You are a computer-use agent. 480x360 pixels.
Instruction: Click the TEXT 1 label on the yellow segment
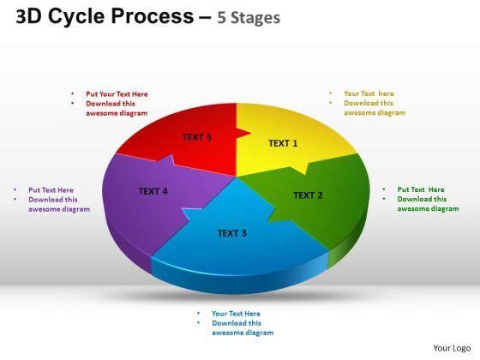pos(283,143)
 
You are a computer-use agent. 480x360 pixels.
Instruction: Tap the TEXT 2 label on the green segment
pos(308,195)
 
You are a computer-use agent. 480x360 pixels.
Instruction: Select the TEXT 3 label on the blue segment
pos(232,233)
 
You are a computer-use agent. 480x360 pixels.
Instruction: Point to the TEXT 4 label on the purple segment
pos(153,191)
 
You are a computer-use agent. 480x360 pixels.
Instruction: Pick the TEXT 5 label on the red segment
pos(197,137)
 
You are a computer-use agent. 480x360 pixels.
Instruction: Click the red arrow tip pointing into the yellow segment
pos(251,133)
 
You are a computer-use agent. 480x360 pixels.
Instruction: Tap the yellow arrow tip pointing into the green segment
pos(304,174)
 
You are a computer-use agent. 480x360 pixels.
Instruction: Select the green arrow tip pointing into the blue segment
pos(268,220)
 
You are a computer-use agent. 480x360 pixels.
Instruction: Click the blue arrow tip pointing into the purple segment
pos(183,209)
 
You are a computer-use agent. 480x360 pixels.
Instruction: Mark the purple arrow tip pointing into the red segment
pos(171,155)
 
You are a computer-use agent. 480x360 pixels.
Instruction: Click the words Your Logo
pos(452,348)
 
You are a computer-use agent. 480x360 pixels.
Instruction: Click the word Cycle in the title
pos(76,16)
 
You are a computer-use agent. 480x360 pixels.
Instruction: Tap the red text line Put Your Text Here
pos(117,94)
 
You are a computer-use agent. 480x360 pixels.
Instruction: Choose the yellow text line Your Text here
pos(369,93)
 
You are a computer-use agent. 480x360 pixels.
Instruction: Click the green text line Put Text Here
pos(421,189)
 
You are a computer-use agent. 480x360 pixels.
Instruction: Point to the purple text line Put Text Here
pos(51,190)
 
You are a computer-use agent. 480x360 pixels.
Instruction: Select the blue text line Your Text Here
pos(236,314)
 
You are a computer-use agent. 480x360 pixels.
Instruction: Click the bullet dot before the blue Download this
pos(199,322)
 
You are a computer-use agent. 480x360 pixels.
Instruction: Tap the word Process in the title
pos(153,16)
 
